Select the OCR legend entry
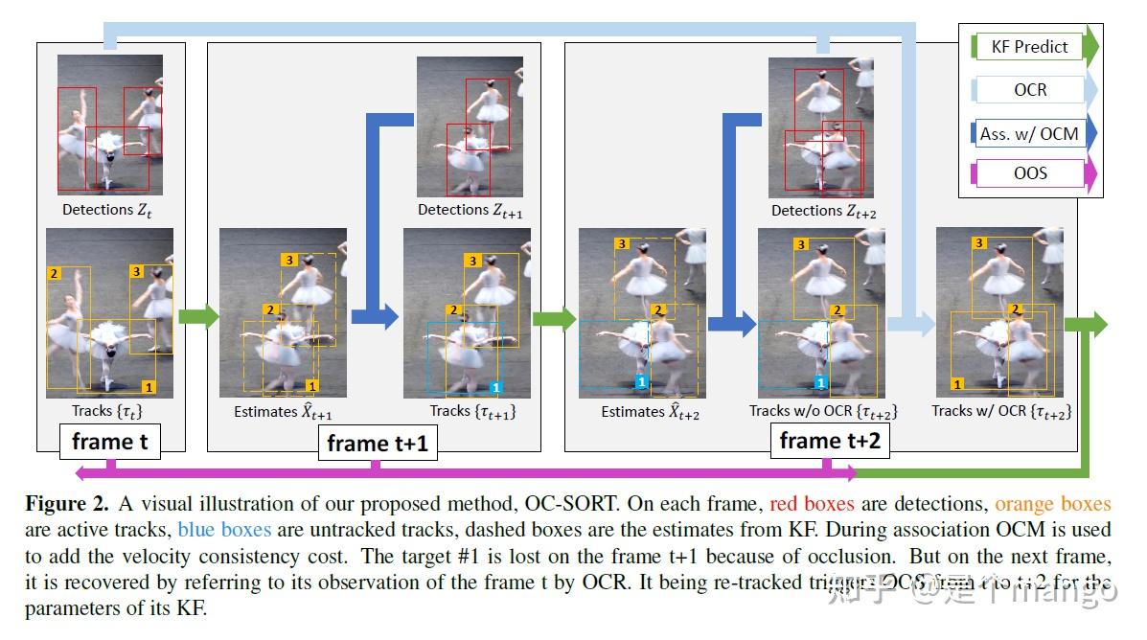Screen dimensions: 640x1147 point(1031,90)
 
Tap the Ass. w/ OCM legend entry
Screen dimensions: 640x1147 point(1029,134)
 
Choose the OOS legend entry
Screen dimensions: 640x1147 point(1030,173)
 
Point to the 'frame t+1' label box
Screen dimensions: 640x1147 point(377,444)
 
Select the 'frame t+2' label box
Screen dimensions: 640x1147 point(828,441)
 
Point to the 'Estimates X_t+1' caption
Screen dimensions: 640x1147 point(283,412)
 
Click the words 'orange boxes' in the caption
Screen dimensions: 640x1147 point(1052,504)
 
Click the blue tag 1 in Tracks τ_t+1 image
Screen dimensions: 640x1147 point(495,387)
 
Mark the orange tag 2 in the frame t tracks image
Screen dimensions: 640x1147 point(55,274)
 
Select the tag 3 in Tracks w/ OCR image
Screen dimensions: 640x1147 point(979,243)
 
